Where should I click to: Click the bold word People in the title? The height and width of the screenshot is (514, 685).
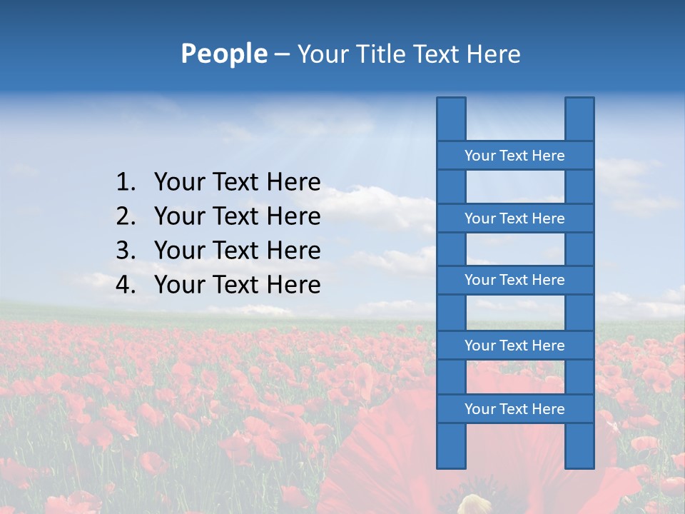pos(223,54)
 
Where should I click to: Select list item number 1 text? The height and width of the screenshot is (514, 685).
pos(237,182)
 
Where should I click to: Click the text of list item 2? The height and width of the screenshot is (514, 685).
pos(237,216)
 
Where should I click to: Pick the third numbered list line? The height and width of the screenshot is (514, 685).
pos(237,251)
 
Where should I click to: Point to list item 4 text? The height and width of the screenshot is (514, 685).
pos(237,285)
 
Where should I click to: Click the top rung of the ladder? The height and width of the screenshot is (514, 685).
pos(514,156)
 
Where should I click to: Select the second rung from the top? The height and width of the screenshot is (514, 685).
pos(514,218)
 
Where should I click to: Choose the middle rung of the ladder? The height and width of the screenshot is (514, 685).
pos(514,280)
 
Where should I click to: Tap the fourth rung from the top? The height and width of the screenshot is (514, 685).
pos(514,346)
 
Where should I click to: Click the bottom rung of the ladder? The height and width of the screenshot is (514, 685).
pos(514,409)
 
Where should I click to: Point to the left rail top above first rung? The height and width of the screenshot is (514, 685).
pos(451,119)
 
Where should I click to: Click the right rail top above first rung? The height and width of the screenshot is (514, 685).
pos(579,119)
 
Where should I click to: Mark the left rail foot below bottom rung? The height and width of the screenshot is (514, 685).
pos(451,446)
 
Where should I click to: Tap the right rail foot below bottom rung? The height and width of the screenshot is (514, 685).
pos(579,446)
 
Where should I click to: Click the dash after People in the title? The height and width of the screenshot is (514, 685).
pos(281,54)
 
